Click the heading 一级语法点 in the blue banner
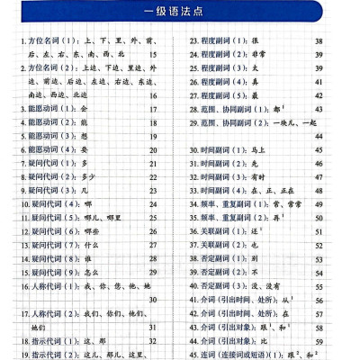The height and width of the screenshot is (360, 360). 180,12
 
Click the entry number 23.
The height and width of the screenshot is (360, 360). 193,40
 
